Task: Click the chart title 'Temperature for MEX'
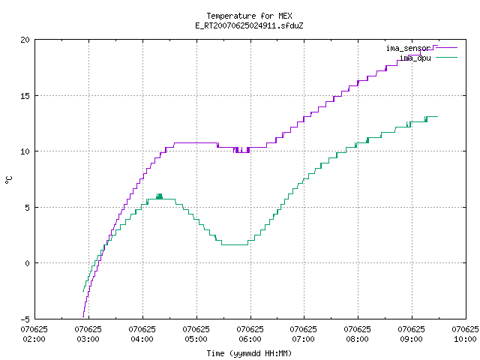coord(249,16)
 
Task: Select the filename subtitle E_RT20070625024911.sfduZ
coord(249,25)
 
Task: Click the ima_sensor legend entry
coord(421,48)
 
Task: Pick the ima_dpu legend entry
coord(428,58)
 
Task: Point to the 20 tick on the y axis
coord(25,40)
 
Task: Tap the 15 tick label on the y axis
coord(25,96)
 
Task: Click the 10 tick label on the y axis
coord(25,151)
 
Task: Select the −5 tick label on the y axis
coord(25,319)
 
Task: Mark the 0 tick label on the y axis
coord(28,263)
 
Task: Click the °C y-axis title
coord(8,180)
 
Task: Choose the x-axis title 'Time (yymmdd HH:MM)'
coord(249,353)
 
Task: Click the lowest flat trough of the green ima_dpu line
coord(235,244)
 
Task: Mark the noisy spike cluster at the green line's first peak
coord(159,196)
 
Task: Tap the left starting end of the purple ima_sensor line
coord(83,316)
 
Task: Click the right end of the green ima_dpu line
coord(437,117)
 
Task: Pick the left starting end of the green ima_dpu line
coord(83,291)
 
